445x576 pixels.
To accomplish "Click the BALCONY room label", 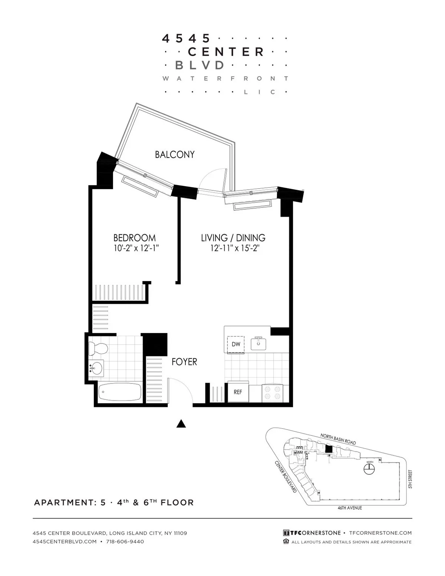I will (x=175, y=155).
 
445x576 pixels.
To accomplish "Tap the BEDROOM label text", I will (x=134, y=237).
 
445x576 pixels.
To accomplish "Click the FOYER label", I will (x=184, y=362).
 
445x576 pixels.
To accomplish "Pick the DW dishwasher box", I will (x=236, y=344).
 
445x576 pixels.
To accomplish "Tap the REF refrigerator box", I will (x=238, y=392).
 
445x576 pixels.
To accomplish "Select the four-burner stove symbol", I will (x=273, y=392).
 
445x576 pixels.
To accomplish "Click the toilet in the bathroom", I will (x=98, y=348).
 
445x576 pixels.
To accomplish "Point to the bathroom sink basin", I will (x=96, y=368).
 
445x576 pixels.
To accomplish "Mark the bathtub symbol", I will (x=120, y=392).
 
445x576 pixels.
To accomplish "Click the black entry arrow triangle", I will (x=181, y=424).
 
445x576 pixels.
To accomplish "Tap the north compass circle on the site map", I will (x=369, y=470).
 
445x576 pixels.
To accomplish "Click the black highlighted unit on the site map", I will (x=328, y=448).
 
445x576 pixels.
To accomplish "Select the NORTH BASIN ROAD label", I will (x=338, y=439).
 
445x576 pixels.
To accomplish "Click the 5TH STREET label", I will (x=410, y=479).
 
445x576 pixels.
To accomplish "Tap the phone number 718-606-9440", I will (x=125, y=542).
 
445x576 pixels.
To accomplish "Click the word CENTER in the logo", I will (x=226, y=52).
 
